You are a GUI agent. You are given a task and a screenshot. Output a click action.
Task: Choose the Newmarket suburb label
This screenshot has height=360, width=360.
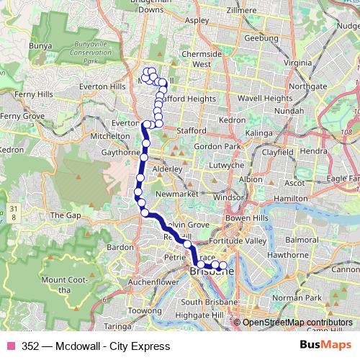tap(176, 194)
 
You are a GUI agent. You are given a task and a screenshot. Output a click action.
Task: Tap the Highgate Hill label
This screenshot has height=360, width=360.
tap(202, 315)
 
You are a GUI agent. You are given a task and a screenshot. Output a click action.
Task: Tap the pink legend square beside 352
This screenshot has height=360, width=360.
tap(11, 346)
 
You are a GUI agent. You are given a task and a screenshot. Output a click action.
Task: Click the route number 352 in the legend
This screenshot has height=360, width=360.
tap(30, 346)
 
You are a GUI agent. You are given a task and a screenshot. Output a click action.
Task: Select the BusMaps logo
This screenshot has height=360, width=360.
tap(326, 346)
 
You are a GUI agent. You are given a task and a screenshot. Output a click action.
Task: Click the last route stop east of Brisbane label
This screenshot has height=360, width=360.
tap(223, 266)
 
